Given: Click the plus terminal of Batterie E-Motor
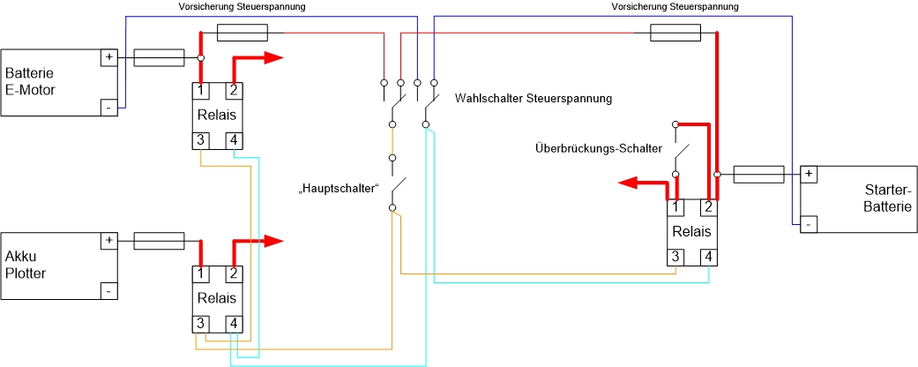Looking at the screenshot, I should [109, 57].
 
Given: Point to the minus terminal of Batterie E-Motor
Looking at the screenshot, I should [109, 108].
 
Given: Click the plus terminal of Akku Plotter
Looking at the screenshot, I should [109, 240].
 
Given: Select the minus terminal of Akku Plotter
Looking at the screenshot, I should [109, 290].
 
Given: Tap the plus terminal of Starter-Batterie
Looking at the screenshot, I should [809, 174].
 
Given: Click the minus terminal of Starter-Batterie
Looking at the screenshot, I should [809, 224].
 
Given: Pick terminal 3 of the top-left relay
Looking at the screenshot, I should [202, 140].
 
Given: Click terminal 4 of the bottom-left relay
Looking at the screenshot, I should [234, 324].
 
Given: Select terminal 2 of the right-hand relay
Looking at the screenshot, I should [707, 208].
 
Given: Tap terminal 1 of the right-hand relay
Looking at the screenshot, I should [675, 208].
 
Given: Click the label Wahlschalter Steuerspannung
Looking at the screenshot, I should [534, 98].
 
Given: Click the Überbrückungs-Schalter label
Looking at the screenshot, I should [598, 147].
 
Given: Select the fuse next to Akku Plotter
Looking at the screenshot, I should [159, 241].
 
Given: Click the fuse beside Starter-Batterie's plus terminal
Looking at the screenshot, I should [758, 175].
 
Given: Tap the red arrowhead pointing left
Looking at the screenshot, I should [628, 183].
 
